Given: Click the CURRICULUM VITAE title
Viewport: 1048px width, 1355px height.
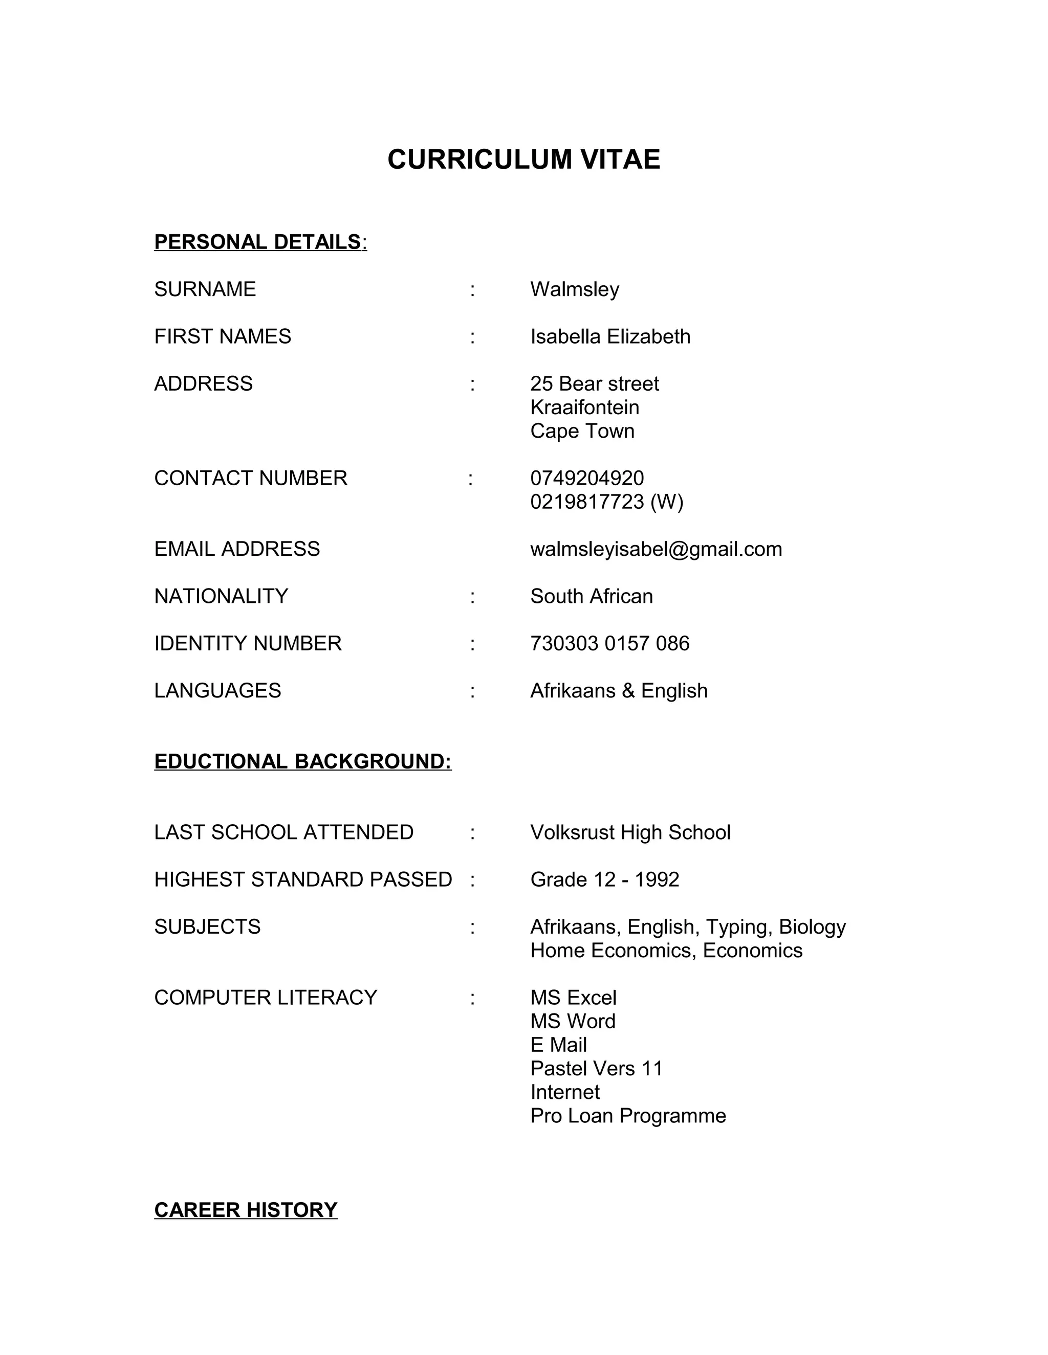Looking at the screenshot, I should [x=523, y=160].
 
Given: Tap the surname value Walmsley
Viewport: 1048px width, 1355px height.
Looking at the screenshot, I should [x=574, y=289].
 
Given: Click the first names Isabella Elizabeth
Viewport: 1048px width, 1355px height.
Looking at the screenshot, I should [x=609, y=336].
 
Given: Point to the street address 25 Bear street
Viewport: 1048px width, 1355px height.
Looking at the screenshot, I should [x=594, y=383].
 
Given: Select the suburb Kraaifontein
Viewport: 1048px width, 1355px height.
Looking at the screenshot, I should [x=584, y=407].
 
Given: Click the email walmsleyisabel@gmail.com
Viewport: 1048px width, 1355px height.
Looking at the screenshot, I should [x=656, y=549].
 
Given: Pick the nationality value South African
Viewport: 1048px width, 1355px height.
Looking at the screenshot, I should [x=591, y=596].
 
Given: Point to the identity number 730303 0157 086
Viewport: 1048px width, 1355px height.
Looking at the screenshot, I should [x=609, y=643].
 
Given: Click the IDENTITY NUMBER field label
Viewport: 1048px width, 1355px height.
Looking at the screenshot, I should [x=248, y=643].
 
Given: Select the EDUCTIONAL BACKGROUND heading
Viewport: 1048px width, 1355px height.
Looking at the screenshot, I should [x=302, y=761].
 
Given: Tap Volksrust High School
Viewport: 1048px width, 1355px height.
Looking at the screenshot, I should [x=630, y=832].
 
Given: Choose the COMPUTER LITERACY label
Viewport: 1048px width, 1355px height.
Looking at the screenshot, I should [x=265, y=998].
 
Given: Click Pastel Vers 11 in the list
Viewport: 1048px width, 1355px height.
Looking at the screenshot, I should [x=596, y=1068].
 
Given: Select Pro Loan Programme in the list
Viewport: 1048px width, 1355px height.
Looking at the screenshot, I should [x=628, y=1116].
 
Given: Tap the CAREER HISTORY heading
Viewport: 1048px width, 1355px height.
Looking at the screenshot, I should [x=245, y=1210].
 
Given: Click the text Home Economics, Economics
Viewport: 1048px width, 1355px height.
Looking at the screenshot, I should [x=666, y=951].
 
